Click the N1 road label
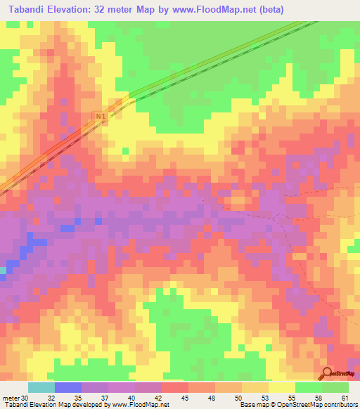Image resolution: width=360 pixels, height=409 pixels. click(101, 120)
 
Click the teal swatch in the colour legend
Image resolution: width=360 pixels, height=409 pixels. click(41, 387)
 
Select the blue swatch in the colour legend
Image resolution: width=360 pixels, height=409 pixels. click(67, 387)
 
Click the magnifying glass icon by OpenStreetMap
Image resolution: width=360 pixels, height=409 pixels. click(327, 373)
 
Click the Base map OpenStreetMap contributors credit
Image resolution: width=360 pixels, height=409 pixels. click(299, 404)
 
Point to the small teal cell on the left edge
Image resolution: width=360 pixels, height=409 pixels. click(3, 270)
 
